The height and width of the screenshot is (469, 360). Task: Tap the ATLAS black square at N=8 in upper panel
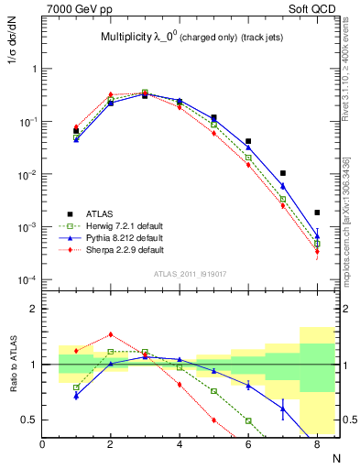pyautogui.click(x=317, y=213)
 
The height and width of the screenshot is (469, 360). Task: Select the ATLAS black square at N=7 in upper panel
pyautogui.click(x=283, y=173)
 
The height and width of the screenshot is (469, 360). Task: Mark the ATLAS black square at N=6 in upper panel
pyautogui.click(x=248, y=141)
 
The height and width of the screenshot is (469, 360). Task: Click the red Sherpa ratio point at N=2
pyautogui.click(x=111, y=334)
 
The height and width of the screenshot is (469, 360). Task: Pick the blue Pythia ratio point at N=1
pyautogui.click(x=76, y=396)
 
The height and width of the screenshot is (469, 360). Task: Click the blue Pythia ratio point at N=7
pyautogui.click(x=283, y=409)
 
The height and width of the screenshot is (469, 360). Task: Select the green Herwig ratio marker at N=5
pyautogui.click(x=213, y=391)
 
